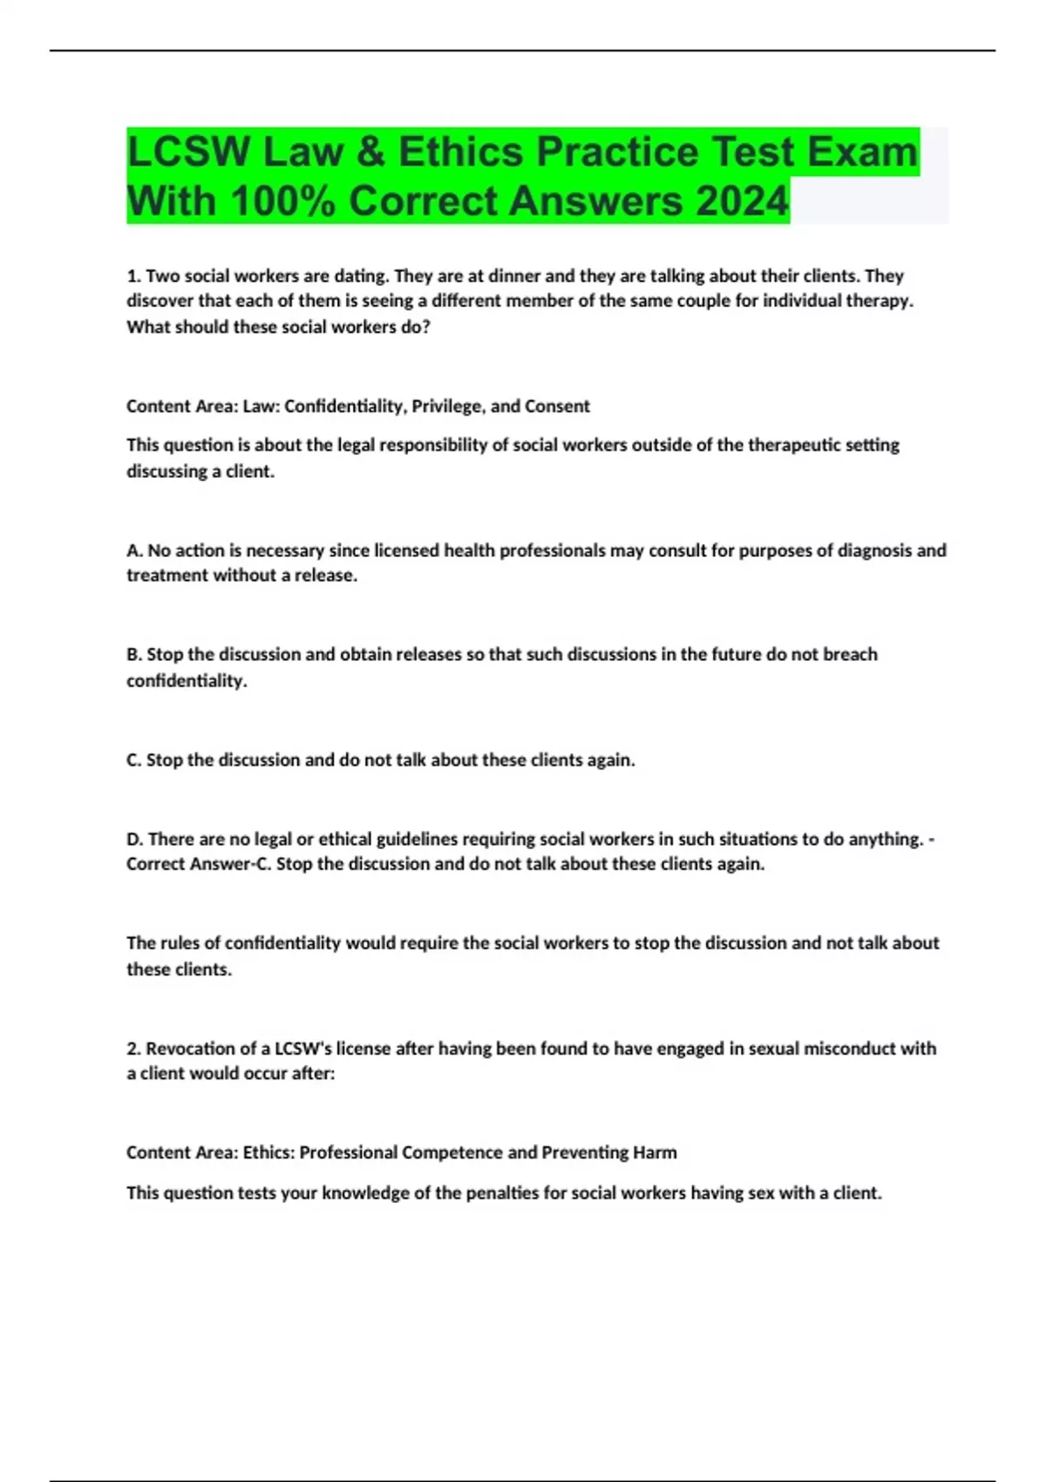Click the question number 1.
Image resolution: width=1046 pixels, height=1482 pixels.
[x=132, y=276]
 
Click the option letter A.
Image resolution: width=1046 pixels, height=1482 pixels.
[x=133, y=551]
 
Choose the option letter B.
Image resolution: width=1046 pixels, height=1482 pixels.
[x=133, y=655]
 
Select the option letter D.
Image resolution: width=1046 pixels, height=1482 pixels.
[x=134, y=840]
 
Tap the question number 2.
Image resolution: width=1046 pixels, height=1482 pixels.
[x=132, y=1049]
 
